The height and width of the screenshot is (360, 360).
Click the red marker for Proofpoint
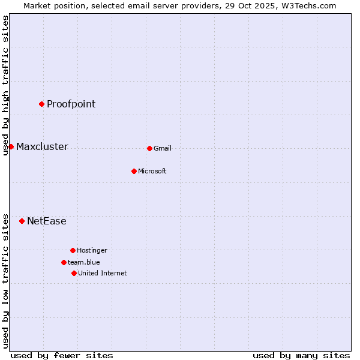(41, 104)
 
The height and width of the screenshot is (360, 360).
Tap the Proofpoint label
(71, 104)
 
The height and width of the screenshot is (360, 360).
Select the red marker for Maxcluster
(11, 146)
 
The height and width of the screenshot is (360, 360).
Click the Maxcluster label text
(42, 147)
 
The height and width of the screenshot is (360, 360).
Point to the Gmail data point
(149, 148)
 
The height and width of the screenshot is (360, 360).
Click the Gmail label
(163, 149)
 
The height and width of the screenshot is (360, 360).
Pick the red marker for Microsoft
(134, 171)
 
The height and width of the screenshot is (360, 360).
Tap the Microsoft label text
(152, 172)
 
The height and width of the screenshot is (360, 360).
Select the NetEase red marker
(22, 221)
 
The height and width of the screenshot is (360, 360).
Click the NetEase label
(47, 221)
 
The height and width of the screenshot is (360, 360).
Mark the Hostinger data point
(73, 250)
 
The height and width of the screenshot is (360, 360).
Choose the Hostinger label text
(92, 251)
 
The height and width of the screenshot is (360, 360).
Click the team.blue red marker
(64, 262)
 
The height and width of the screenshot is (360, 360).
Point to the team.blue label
(84, 263)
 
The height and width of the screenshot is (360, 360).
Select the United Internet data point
(74, 273)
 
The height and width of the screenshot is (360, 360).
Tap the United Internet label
(103, 274)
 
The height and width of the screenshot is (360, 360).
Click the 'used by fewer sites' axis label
(62, 355)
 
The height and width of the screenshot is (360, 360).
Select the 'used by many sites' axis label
(301, 355)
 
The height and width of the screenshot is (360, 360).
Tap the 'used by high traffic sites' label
(5, 85)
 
